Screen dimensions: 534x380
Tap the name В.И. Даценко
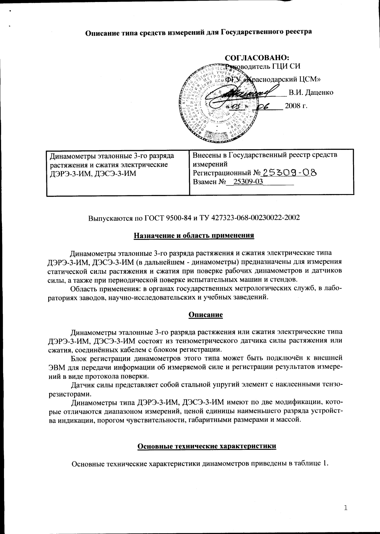pos(311,92)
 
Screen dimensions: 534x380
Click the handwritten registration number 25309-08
pos(289,172)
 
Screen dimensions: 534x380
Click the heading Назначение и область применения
pos(194,236)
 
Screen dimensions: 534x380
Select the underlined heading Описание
pos(205,314)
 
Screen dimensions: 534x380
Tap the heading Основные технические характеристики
pos(207,446)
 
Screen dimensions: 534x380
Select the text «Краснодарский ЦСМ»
pos(283,79)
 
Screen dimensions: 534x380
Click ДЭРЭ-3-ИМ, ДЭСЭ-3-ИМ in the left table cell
pos(93,173)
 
